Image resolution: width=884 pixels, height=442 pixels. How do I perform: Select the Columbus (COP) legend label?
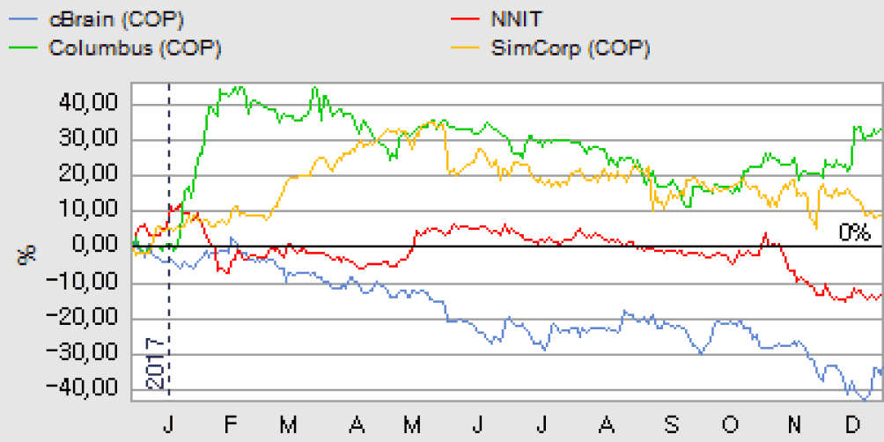[x=135, y=48]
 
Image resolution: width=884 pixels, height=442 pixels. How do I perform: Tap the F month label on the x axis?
[x=230, y=425]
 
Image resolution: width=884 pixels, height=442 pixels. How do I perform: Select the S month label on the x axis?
[x=671, y=425]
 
